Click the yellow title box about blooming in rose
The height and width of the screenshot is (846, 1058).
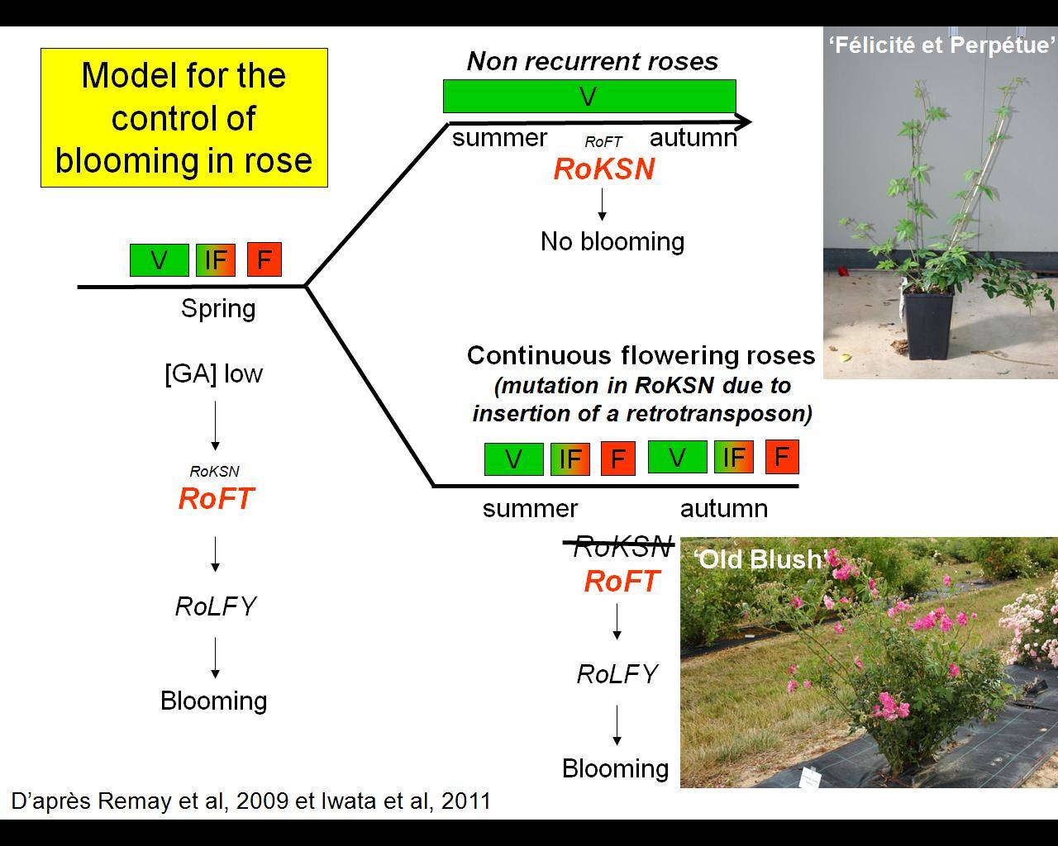click(183, 117)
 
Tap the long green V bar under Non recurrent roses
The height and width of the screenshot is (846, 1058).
click(589, 97)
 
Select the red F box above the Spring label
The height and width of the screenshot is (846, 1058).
click(264, 259)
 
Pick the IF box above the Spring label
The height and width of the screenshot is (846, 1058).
click(216, 260)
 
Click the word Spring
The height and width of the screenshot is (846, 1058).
click(218, 309)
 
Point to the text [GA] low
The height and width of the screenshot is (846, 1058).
click(214, 373)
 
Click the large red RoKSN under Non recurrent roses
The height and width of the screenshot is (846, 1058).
click(604, 169)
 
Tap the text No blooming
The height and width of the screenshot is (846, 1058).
click(612, 241)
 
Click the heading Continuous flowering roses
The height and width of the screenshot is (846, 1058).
click(641, 355)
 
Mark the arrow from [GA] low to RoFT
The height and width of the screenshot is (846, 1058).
click(216, 425)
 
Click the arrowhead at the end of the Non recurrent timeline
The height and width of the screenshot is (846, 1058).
click(743, 121)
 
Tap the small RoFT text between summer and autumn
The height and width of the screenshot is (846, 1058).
click(603, 142)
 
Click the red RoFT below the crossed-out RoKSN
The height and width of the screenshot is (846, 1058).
click(621, 581)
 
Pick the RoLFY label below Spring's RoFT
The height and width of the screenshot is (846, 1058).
click(216, 606)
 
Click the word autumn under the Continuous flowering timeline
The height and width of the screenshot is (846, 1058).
click(724, 509)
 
